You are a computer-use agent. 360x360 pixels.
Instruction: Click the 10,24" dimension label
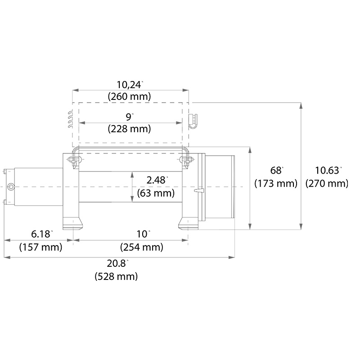130,84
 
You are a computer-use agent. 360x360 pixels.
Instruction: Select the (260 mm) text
130,96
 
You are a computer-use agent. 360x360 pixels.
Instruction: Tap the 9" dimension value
130,117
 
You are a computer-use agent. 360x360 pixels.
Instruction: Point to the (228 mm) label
130,129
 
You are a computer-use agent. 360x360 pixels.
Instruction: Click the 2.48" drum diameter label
157,180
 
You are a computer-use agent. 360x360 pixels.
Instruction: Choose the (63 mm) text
157,193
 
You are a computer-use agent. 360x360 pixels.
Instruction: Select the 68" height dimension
276,171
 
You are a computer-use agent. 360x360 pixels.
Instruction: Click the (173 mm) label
276,184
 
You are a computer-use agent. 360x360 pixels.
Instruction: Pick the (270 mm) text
327,184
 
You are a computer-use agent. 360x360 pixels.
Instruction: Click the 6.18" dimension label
41,234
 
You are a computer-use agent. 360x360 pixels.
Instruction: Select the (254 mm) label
142,247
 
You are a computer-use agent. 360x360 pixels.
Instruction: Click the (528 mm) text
116,276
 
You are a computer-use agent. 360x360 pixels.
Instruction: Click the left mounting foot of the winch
72,222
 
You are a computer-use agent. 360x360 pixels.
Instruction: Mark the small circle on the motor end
12,186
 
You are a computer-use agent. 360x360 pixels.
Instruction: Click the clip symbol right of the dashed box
192,120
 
